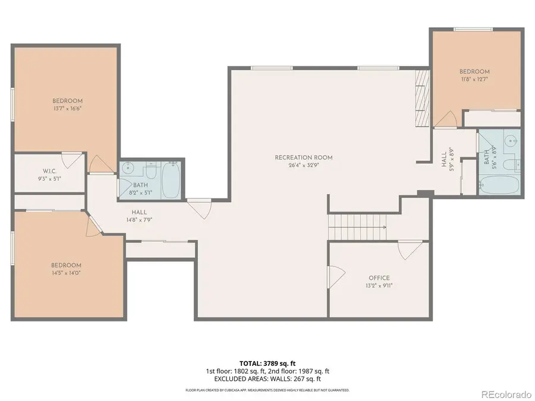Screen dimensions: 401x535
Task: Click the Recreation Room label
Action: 303,157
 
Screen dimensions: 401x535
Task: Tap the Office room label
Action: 379,278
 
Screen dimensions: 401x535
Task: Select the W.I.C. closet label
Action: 49,170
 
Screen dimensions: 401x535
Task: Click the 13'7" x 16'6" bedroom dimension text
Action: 67,108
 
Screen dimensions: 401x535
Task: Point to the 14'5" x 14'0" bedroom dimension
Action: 67,273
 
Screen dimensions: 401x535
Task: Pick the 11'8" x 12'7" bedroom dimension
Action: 474,79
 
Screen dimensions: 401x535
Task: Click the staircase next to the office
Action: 357,227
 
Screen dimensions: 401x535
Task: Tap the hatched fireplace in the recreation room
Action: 422,97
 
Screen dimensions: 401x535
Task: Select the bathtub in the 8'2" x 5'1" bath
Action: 171,179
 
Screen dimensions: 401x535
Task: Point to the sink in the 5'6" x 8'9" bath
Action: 510,141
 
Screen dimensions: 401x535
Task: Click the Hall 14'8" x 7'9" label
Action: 140,216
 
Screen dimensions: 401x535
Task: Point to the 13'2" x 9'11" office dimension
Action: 379,285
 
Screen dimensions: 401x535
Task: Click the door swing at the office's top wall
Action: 410,249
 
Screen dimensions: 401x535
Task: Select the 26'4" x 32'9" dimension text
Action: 303,165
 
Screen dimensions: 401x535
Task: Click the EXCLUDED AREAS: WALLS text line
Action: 267,378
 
